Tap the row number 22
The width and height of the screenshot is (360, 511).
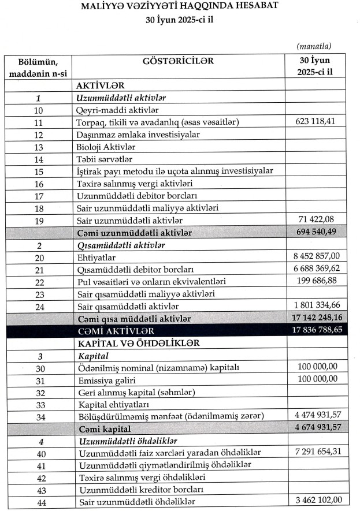pyautogui.click(x=39, y=282)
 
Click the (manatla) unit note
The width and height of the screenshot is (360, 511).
pyautogui.click(x=314, y=46)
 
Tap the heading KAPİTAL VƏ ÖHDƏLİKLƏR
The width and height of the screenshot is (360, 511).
pyautogui.click(x=139, y=342)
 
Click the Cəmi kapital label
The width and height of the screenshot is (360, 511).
pyautogui.click(x=106, y=429)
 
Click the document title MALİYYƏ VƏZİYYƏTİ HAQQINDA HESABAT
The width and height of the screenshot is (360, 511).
pyautogui.click(x=180, y=7)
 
